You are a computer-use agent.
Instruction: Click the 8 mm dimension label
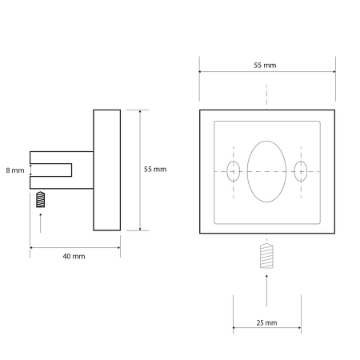[x=15, y=170]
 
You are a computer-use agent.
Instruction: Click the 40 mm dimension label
[x=74, y=256]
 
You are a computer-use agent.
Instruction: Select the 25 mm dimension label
[x=266, y=322]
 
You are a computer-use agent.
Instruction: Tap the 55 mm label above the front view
[x=265, y=66]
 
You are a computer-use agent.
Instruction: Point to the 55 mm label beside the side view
[x=155, y=169]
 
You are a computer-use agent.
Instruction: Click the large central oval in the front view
[x=247, y=171]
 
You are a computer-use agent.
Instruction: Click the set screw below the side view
[x=41, y=199]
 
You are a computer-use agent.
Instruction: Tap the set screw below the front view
[x=266, y=255]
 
